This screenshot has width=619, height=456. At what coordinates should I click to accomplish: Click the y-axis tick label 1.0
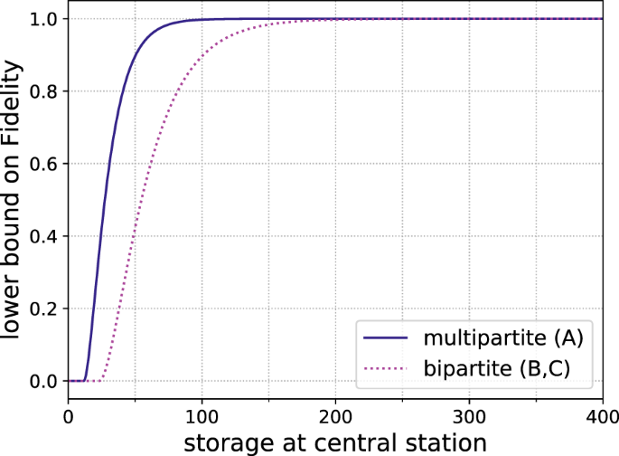click(x=42, y=19)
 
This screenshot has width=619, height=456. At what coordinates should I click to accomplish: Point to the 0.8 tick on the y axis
click(x=42, y=91)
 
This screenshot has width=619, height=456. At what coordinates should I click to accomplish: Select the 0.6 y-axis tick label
click(x=42, y=164)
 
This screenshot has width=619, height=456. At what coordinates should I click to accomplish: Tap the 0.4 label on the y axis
click(x=42, y=236)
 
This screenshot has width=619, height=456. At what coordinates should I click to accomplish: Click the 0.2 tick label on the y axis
click(x=42, y=309)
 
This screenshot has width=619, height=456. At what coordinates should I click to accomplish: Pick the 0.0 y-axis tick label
click(x=42, y=381)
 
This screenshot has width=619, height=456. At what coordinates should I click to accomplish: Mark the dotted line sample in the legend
click(x=385, y=368)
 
